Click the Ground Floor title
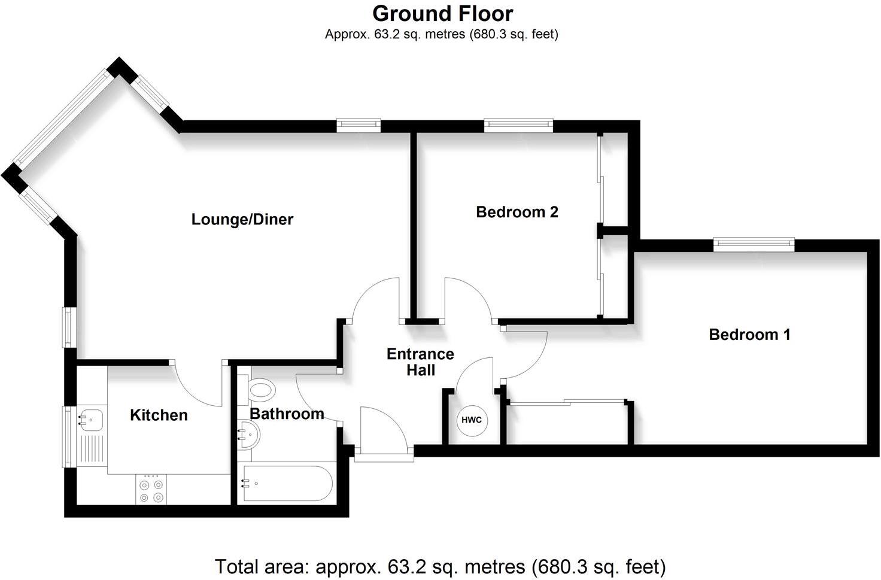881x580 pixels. pyautogui.click(x=442, y=13)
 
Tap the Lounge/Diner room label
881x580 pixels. pyautogui.click(x=242, y=219)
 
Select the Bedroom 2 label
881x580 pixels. pyautogui.click(x=517, y=212)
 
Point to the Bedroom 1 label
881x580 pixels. pyautogui.click(x=749, y=334)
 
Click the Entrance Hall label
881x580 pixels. pyautogui.click(x=420, y=362)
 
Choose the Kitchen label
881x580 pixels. pyautogui.click(x=159, y=415)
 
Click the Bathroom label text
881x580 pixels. pyautogui.click(x=287, y=414)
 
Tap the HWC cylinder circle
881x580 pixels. pyautogui.click(x=472, y=420)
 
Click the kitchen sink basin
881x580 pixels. pyautogui.click(x=90, y=418)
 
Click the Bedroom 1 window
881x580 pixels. pyautogui.click(x=754, y=244)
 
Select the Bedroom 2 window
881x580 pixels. pyautogui.click(x=518, y=125)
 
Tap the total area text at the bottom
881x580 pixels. pyautogui.click(x=440, y=566)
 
